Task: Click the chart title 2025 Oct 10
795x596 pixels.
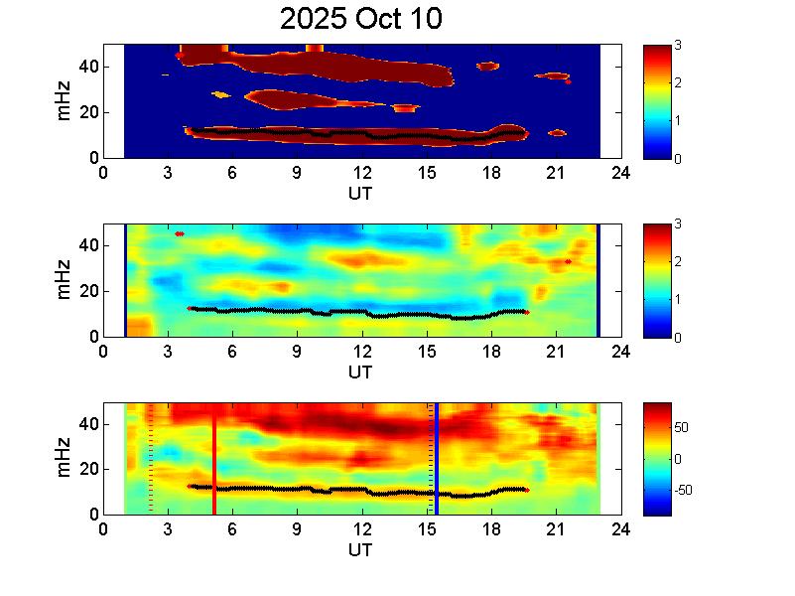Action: coord(360,20)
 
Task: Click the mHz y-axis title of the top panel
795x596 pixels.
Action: coord(65,101)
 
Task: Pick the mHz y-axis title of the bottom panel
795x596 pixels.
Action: coord(65,459)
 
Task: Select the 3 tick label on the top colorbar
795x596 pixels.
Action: coord(677,46)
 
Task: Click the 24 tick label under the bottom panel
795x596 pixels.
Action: coord(620,528)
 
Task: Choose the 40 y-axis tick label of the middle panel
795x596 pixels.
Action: coord(87,245)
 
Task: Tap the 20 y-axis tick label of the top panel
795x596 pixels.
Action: coord(87,112)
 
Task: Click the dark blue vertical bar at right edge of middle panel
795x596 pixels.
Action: coord(597,280)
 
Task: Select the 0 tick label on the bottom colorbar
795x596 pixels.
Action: coord(677,459)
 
